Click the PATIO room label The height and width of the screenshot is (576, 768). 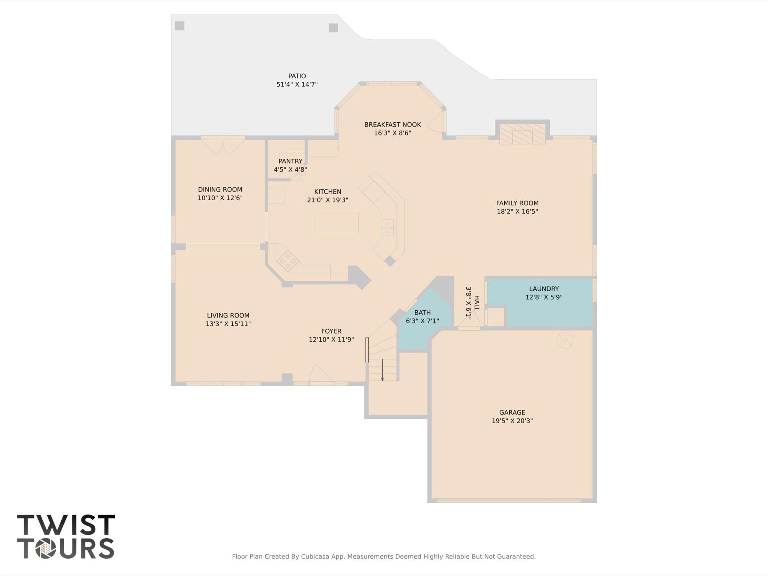pyautogui.click(x=297, y=76)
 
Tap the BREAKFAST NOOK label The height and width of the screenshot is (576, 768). pyautogui.click(x=392, y=125)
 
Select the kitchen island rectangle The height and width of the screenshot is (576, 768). pyautogui.click(x=336, y=222)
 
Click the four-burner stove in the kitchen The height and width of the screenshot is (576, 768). pyautogui.click(x=288, y=260)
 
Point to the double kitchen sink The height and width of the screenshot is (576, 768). pyautogui.click(x=387, y=227)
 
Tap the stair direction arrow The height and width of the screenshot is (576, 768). pyautogui.click(x=382, y=370)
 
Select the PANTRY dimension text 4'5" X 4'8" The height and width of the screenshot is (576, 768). pyautogui.click(x=290, y=170)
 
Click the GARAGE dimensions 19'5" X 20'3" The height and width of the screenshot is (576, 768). pyautogui.click(x=512, y=421)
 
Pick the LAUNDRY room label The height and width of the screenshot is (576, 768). pyautogui.click(x=544, y=289)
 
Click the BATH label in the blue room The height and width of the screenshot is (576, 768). pyautogui.click(x=422, y=313)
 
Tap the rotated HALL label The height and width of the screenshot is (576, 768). pyautogui.click(x=476, y=303)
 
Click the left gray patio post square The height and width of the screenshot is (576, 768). pyautogui.click(x=180, y=26)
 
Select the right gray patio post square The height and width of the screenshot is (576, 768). pyautogui.click(x=333, y=28)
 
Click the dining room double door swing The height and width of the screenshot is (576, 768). pyautogui.click(x=223, y=147)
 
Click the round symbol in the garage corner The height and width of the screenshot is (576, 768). pyautogui.click(x=565, y=340)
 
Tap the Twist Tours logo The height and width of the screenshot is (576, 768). pyautogui.click(x=66, y=536)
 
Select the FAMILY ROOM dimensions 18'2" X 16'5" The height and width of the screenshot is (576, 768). pyautogui.click(x=517, y=212)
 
